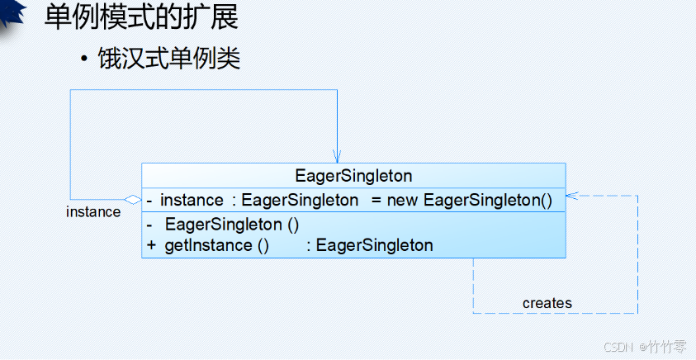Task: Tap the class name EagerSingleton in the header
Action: point(353,176)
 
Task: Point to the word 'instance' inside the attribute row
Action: point(192,200)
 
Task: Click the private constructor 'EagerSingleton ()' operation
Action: point(232,225)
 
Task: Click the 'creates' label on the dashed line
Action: point(547,303)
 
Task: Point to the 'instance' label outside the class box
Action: point(93,212)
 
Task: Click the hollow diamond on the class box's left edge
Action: point(132,199)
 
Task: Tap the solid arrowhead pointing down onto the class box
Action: point(337,157)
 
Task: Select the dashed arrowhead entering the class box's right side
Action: point(571,197)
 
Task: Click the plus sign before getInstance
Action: point(151,245)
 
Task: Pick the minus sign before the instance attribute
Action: point(149,200)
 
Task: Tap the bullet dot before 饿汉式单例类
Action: point(84,60)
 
